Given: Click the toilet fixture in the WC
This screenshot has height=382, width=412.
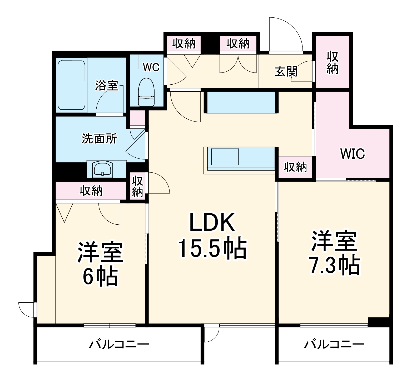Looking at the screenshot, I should click(x=146, y=92).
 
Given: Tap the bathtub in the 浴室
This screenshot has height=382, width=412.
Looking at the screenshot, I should click(x=72, y=85).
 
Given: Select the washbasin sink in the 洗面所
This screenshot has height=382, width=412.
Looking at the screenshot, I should click(x=103, y=169).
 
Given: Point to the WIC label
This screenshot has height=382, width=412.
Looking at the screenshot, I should click(x=353, y=154).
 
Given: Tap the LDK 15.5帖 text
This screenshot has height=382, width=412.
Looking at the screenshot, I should click(x=212, y=236).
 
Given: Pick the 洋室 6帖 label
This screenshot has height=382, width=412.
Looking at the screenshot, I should click(x=100, y=264).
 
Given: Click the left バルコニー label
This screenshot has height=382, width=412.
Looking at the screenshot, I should click(x=119, y=344).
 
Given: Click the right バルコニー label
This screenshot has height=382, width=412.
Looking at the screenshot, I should click(x=334, y=344).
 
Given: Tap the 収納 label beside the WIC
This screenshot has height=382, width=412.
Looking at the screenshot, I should click(x=295, y=167).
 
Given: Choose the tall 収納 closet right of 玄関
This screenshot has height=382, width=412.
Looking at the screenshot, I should click(x=332, y=62).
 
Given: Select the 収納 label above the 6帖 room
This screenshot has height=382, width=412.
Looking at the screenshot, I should click(x=91, y=191).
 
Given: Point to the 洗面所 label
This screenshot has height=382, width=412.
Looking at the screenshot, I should click(x=99, y=139).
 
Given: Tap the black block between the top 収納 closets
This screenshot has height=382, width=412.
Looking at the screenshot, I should click(x=210, y=43).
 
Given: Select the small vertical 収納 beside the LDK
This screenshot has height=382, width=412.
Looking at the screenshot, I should click(x=137, y=186).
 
